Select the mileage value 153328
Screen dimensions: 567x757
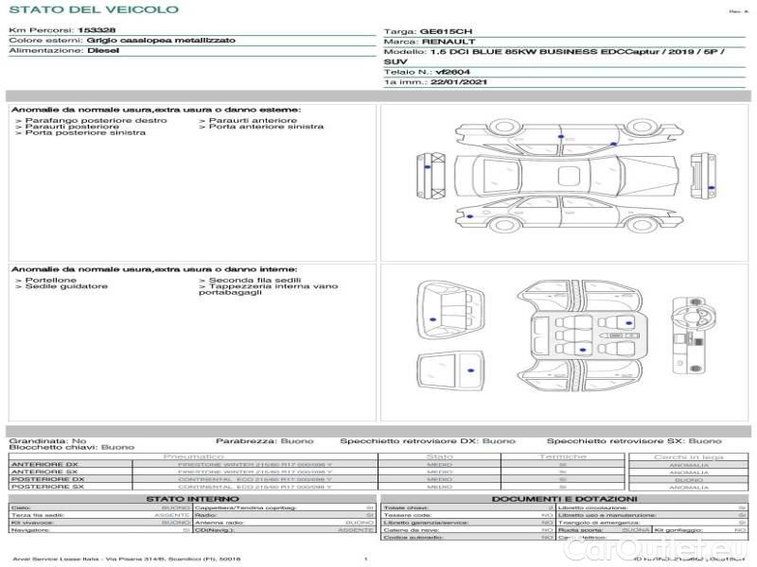pyautogui.click(x=97, y=30)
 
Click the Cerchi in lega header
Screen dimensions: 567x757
pyautogui.click(x=688, y=456)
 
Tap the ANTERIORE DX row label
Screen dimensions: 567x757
pyautogui.click(x=44, y=464)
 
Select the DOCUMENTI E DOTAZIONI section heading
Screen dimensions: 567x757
pyautogui.click(x=564, y=498)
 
